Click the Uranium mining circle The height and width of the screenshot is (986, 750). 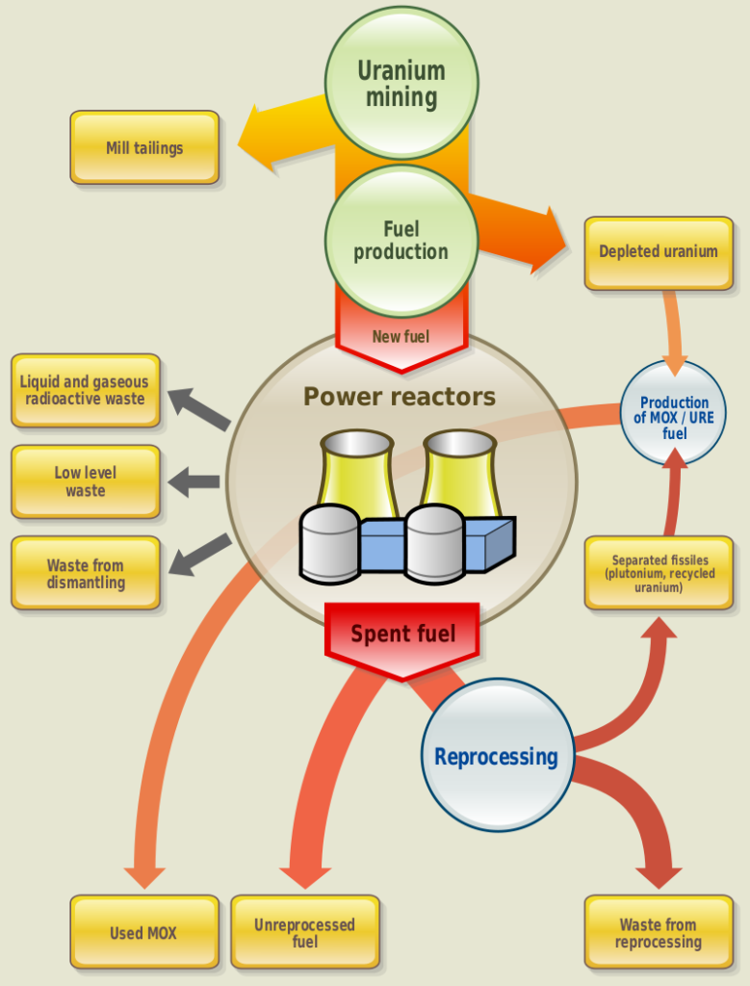401,83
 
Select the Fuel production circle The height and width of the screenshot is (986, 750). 401,241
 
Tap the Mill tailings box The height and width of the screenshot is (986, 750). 144,147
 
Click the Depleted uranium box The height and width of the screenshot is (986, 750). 659,252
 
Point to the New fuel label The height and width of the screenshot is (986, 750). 401,337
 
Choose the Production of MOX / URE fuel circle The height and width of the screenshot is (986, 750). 674,416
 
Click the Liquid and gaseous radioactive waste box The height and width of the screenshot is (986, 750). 86,390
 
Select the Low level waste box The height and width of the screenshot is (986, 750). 86,481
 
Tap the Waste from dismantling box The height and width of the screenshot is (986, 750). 86,573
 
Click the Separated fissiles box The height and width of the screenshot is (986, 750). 659,573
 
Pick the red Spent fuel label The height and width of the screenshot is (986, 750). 402,634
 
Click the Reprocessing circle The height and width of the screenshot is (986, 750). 497,756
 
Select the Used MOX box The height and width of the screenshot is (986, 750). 144,932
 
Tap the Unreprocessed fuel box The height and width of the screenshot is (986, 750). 305,932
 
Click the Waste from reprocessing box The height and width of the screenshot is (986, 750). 659,932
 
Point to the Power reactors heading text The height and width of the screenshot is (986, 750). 400,397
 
